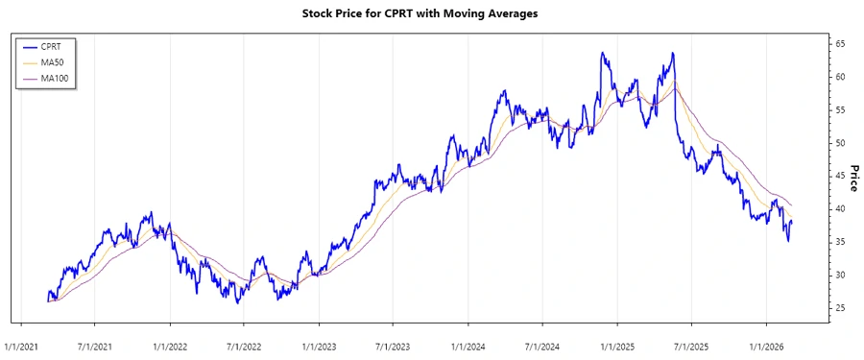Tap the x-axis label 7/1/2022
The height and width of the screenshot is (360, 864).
pyautogui.click(x=245, y=344)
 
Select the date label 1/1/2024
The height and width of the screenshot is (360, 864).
pyautogui.click(x=468, y=344)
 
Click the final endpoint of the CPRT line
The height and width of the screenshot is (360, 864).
pyautogui.click(x=792, y=222)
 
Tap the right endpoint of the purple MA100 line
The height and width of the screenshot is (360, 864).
pyautogui.click(x=792, y=206)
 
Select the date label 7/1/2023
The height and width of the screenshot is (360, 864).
pyautogui.click(x=394, y=344)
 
